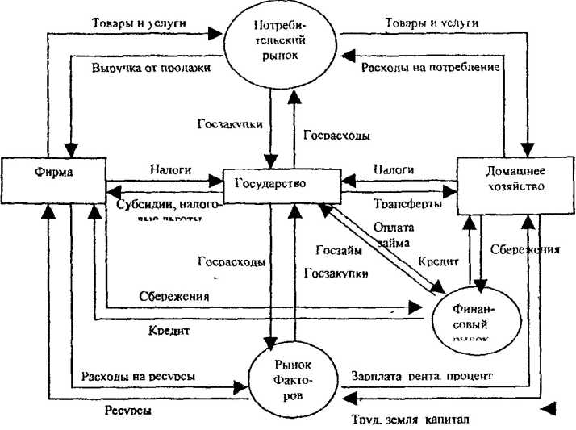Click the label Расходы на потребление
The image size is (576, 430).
pyautogui.click(x=432, y=67)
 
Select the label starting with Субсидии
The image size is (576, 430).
pyautogui.click(x=165, y=208)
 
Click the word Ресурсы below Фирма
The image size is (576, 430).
pyautogui.click(x=129, y=410)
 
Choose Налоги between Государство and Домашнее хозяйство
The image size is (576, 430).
pyautogui.click(x=394, y=170)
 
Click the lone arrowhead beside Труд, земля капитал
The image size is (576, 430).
pyautogui.click(x=549, y=409)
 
